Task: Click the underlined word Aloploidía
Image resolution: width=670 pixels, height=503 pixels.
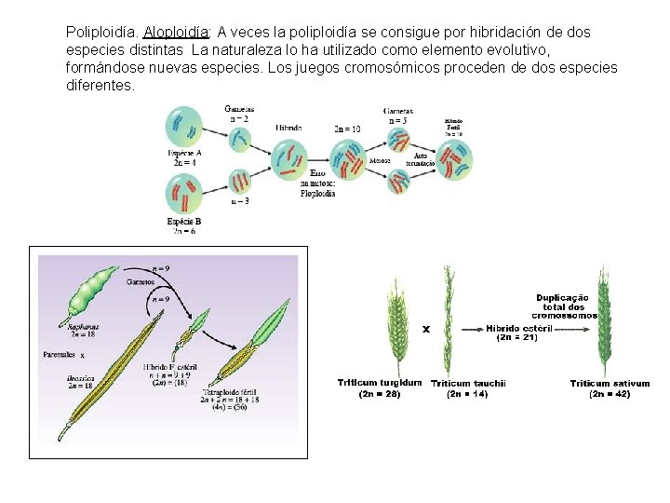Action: [x=177, y=33]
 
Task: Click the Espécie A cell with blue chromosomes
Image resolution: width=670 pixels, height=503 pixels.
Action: [x=183, y=126]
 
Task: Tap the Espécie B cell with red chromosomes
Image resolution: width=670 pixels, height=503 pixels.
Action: [x=183, y=196]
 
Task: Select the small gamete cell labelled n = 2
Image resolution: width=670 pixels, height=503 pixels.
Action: [x=239, y=139]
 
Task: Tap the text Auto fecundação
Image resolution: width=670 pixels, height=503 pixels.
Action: [x=420, y=158]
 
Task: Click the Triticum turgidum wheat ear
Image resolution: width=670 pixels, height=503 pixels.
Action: [x=396, y=326]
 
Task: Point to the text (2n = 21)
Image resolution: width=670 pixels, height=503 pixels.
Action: [x=518, y=338]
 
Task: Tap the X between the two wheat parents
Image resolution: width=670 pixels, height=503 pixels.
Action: [x=425, y=328]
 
